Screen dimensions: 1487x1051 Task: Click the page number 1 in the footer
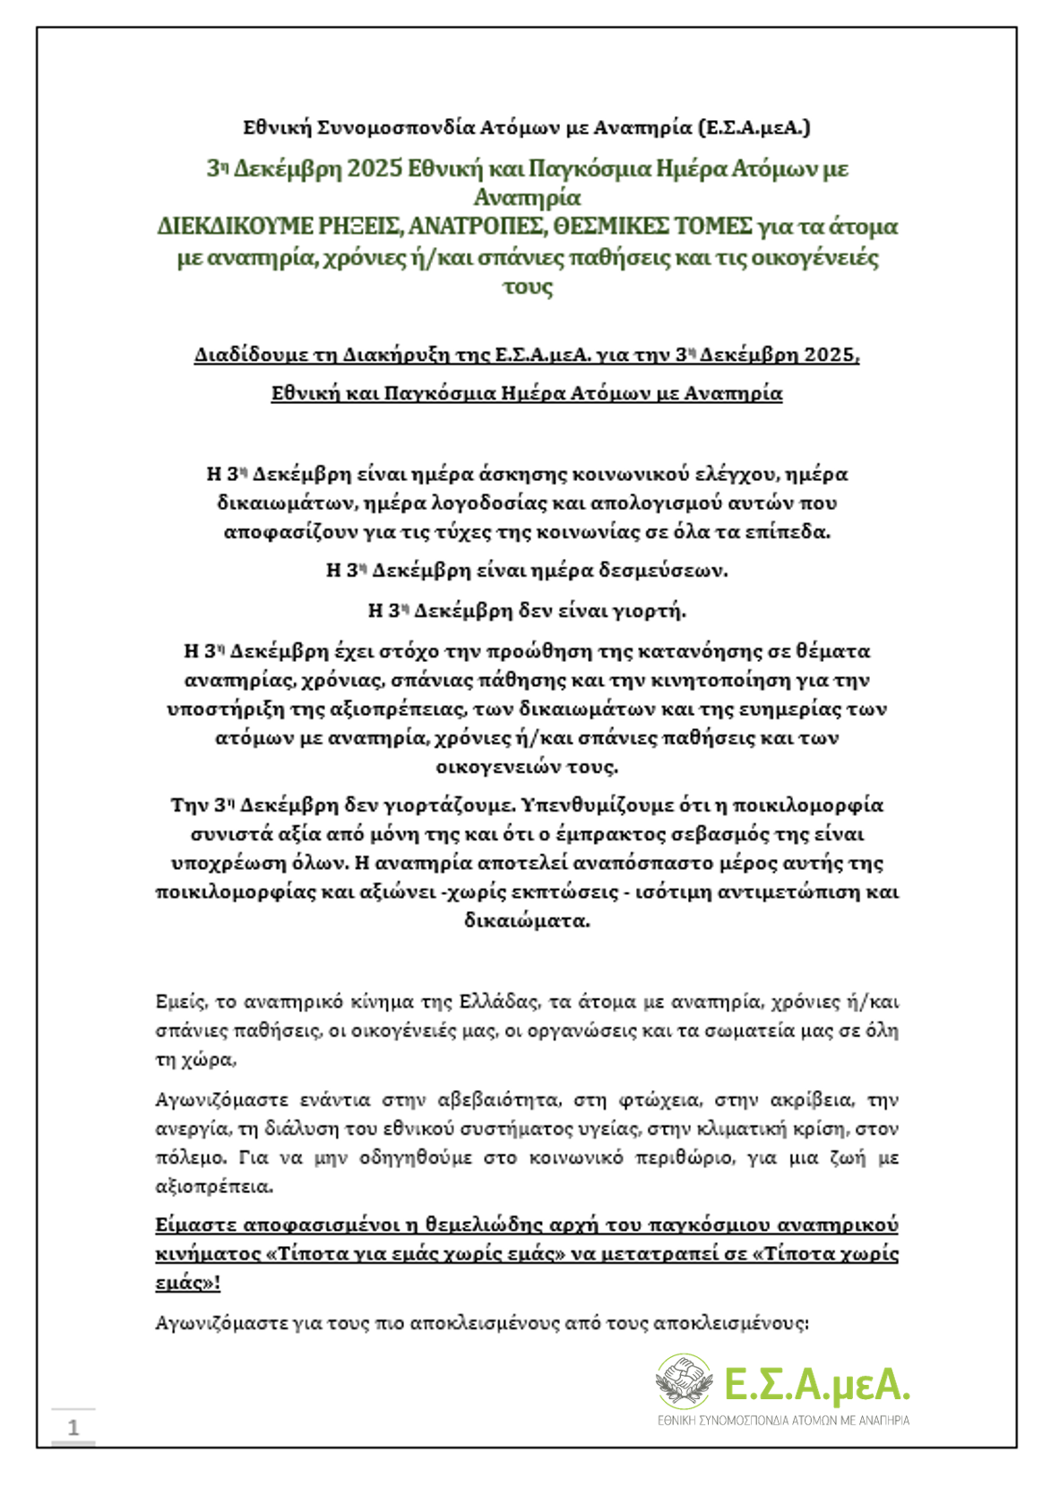click(x=73, y=1427)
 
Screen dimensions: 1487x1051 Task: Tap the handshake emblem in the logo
click(x=685, y=1380)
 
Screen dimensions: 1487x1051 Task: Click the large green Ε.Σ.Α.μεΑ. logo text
click(x=816, y=1384)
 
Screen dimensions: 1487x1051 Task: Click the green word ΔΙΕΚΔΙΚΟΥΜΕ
click(x=235, y=226)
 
